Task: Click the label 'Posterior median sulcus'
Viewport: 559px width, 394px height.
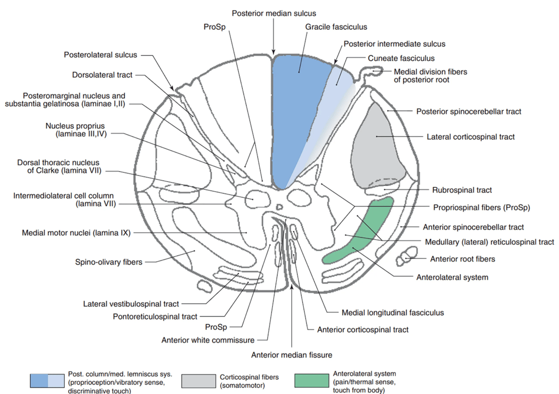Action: (274, 13)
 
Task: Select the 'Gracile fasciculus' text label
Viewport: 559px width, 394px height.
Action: (336, 27)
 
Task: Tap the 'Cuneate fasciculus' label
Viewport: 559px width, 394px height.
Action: (401, 58)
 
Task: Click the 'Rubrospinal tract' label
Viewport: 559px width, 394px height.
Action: (461, 190)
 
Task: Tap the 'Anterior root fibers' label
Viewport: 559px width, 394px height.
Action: (462, 259)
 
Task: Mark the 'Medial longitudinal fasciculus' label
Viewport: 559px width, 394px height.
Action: (393, 312)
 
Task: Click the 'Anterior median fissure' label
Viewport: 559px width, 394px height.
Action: (291, 354)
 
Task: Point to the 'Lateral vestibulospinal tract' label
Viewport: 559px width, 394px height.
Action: (131, 304)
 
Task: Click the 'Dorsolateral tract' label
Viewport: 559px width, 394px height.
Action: (102, 75)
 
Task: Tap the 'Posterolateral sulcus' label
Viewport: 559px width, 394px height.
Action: (101, 54)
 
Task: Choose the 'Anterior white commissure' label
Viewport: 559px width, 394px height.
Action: (208, 340)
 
